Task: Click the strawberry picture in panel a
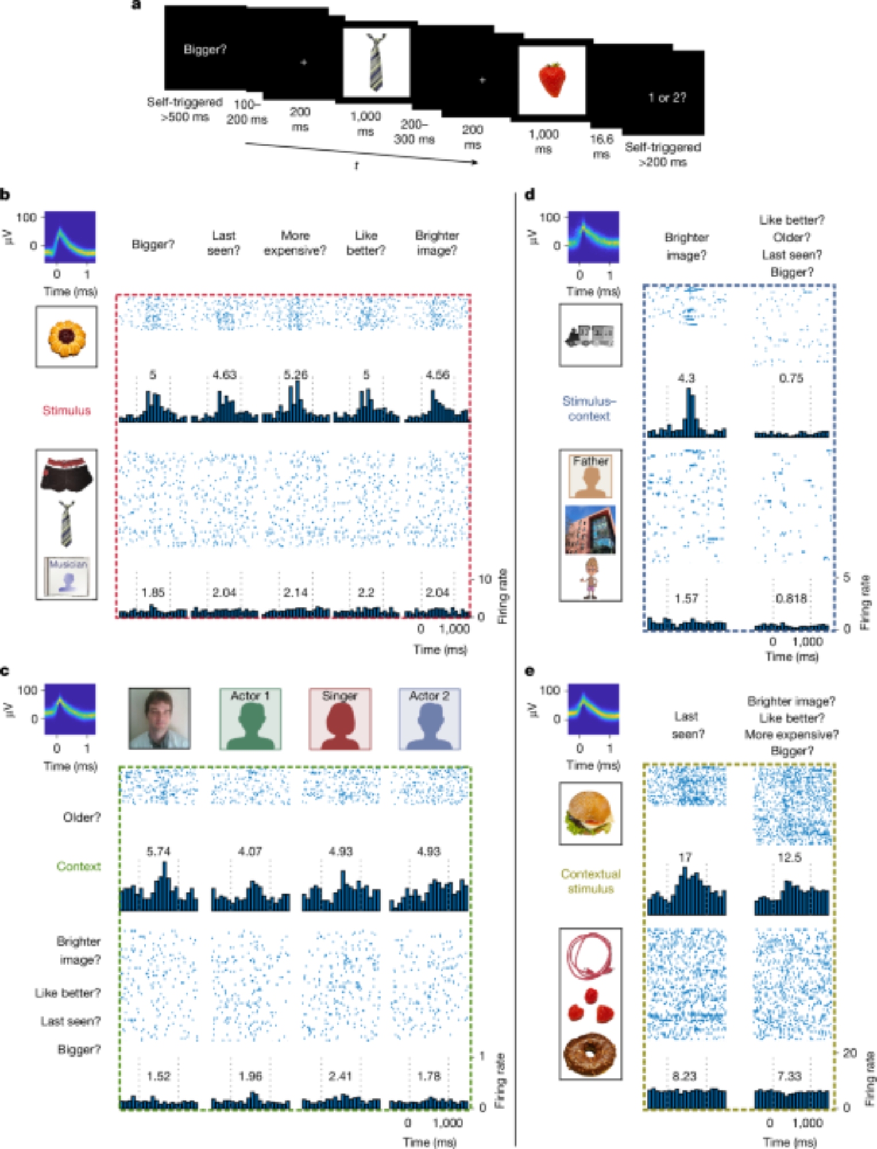click(552, 80)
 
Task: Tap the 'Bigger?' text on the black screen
click(205, 50)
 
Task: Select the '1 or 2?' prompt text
click(667, 98)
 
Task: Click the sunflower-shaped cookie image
click(67, 337)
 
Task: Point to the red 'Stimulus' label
click(67, 410)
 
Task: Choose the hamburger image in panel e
click(590, 813)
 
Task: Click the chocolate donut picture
click(590, 1055)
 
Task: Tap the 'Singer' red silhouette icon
click(340, 719)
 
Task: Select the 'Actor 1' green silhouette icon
click(250, 719)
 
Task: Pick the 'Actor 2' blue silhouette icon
click(430, 719)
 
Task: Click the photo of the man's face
click(160, 719)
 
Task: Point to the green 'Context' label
click(79, 866)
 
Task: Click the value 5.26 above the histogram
click(295, 375)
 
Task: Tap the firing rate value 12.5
click(789, 857)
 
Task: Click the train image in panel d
click(590, 336)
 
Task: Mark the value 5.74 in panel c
click(158, 851)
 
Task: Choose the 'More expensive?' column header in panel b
click(295, 243)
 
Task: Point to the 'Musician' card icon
click(67, 576)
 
